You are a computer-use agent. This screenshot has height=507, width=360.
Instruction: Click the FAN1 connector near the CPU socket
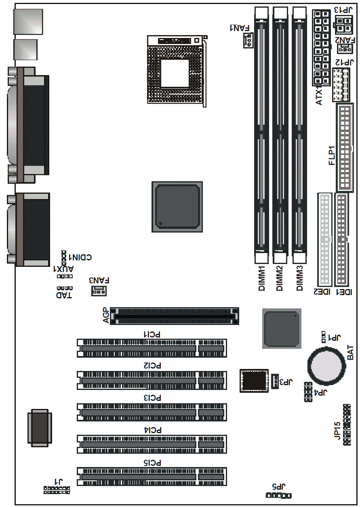coord(248,40)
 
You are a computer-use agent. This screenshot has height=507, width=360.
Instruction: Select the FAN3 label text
coord(99,280)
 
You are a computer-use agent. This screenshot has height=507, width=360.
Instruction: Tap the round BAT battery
coord(326,366)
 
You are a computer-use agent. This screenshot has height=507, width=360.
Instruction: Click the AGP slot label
coord(106,316)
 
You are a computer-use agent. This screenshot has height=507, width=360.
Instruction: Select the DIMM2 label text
coord(279,278)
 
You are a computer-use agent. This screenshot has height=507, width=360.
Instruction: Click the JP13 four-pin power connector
coord(343,25)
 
